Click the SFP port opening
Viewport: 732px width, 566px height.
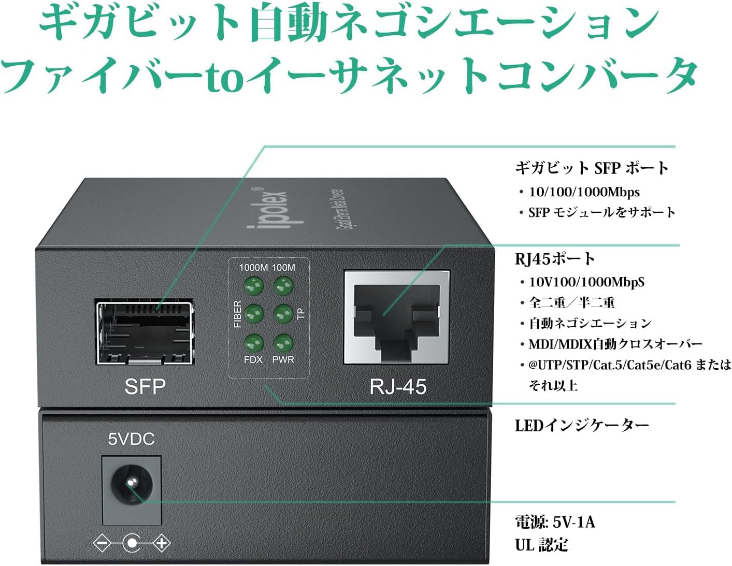click(144, 331)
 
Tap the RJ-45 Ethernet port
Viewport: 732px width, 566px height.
click(396, 316)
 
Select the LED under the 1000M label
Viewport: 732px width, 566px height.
click(254, 285)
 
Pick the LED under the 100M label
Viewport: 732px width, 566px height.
click(283, 285)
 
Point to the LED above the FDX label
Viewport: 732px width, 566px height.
click(254, 342)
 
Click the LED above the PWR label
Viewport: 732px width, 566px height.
click(283, 342)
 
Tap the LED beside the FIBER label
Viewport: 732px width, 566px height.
click(254, 313)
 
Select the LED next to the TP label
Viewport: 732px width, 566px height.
click(283, 313)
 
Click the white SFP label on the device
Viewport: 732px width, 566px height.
click(145, 386)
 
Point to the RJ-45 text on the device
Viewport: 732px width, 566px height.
click(398, 386)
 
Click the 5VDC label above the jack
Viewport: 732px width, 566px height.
click(131, 439)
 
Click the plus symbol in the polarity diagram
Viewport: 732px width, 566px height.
click(162, 543)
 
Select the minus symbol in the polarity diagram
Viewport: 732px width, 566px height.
click(102, 544)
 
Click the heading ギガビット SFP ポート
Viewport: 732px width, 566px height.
click(592, 168)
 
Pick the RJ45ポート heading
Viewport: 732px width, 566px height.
click(555, 258)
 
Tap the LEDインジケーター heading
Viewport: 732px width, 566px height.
click(582, 425)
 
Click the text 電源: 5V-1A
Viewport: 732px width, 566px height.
click(555, 522)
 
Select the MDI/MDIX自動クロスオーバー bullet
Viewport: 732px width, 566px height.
click(615, 344)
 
